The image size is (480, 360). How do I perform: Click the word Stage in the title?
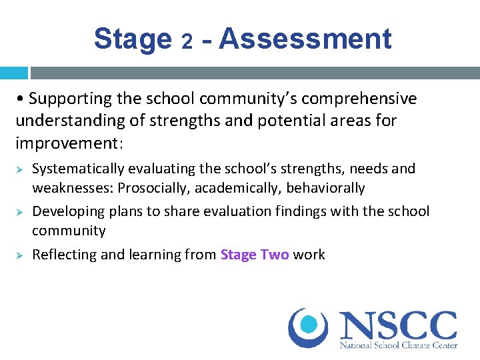point(133,39)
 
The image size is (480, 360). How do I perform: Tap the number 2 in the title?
point(188,42)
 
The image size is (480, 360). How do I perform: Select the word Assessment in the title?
point(305,39)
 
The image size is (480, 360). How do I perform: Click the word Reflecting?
point(63,254)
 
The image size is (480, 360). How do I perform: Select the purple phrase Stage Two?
point(254,254)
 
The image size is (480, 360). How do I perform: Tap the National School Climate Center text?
point(399,346)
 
